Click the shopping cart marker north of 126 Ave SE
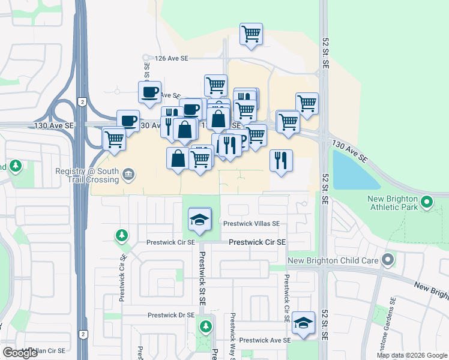tap(251, 34)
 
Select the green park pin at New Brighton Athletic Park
tap(427, 202)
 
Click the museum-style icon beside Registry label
tap(128, 175)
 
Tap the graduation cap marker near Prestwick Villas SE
tap(200, 220)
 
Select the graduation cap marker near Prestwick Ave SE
tap(303, 323)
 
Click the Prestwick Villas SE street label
tap(252, 223)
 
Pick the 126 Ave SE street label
tap(172, 58)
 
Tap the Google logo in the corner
tap(20, 353)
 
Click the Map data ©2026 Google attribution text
tap(412, 355)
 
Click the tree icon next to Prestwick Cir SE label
tap(122, 234)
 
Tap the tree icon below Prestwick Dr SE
tap(206, 326)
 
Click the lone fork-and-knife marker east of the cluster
tap(281, 160)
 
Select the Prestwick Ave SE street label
tap(264, 340)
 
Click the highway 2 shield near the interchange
tap(80, 103)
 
